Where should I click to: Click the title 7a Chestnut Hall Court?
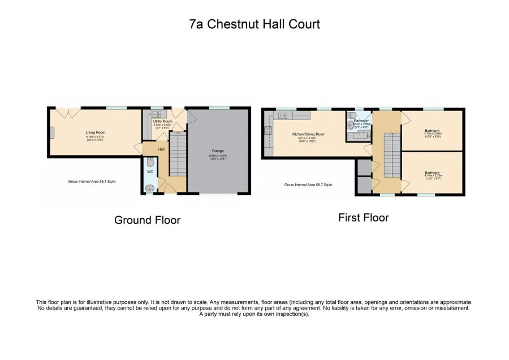tap(254, 24)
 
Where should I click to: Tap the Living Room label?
tap(96, 132)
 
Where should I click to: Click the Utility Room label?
tap(162, 121)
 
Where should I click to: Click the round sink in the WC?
tap(150, 188)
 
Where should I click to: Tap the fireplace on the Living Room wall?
tap(51, 132)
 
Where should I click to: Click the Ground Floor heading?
tap(147, 220)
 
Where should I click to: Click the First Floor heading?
tap(363, 217)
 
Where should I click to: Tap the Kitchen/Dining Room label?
tap(308, 134)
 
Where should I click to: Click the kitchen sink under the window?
tap(283, 116)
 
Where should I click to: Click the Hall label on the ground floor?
tap(161, 149)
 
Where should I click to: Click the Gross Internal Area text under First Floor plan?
tap(308, 185)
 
